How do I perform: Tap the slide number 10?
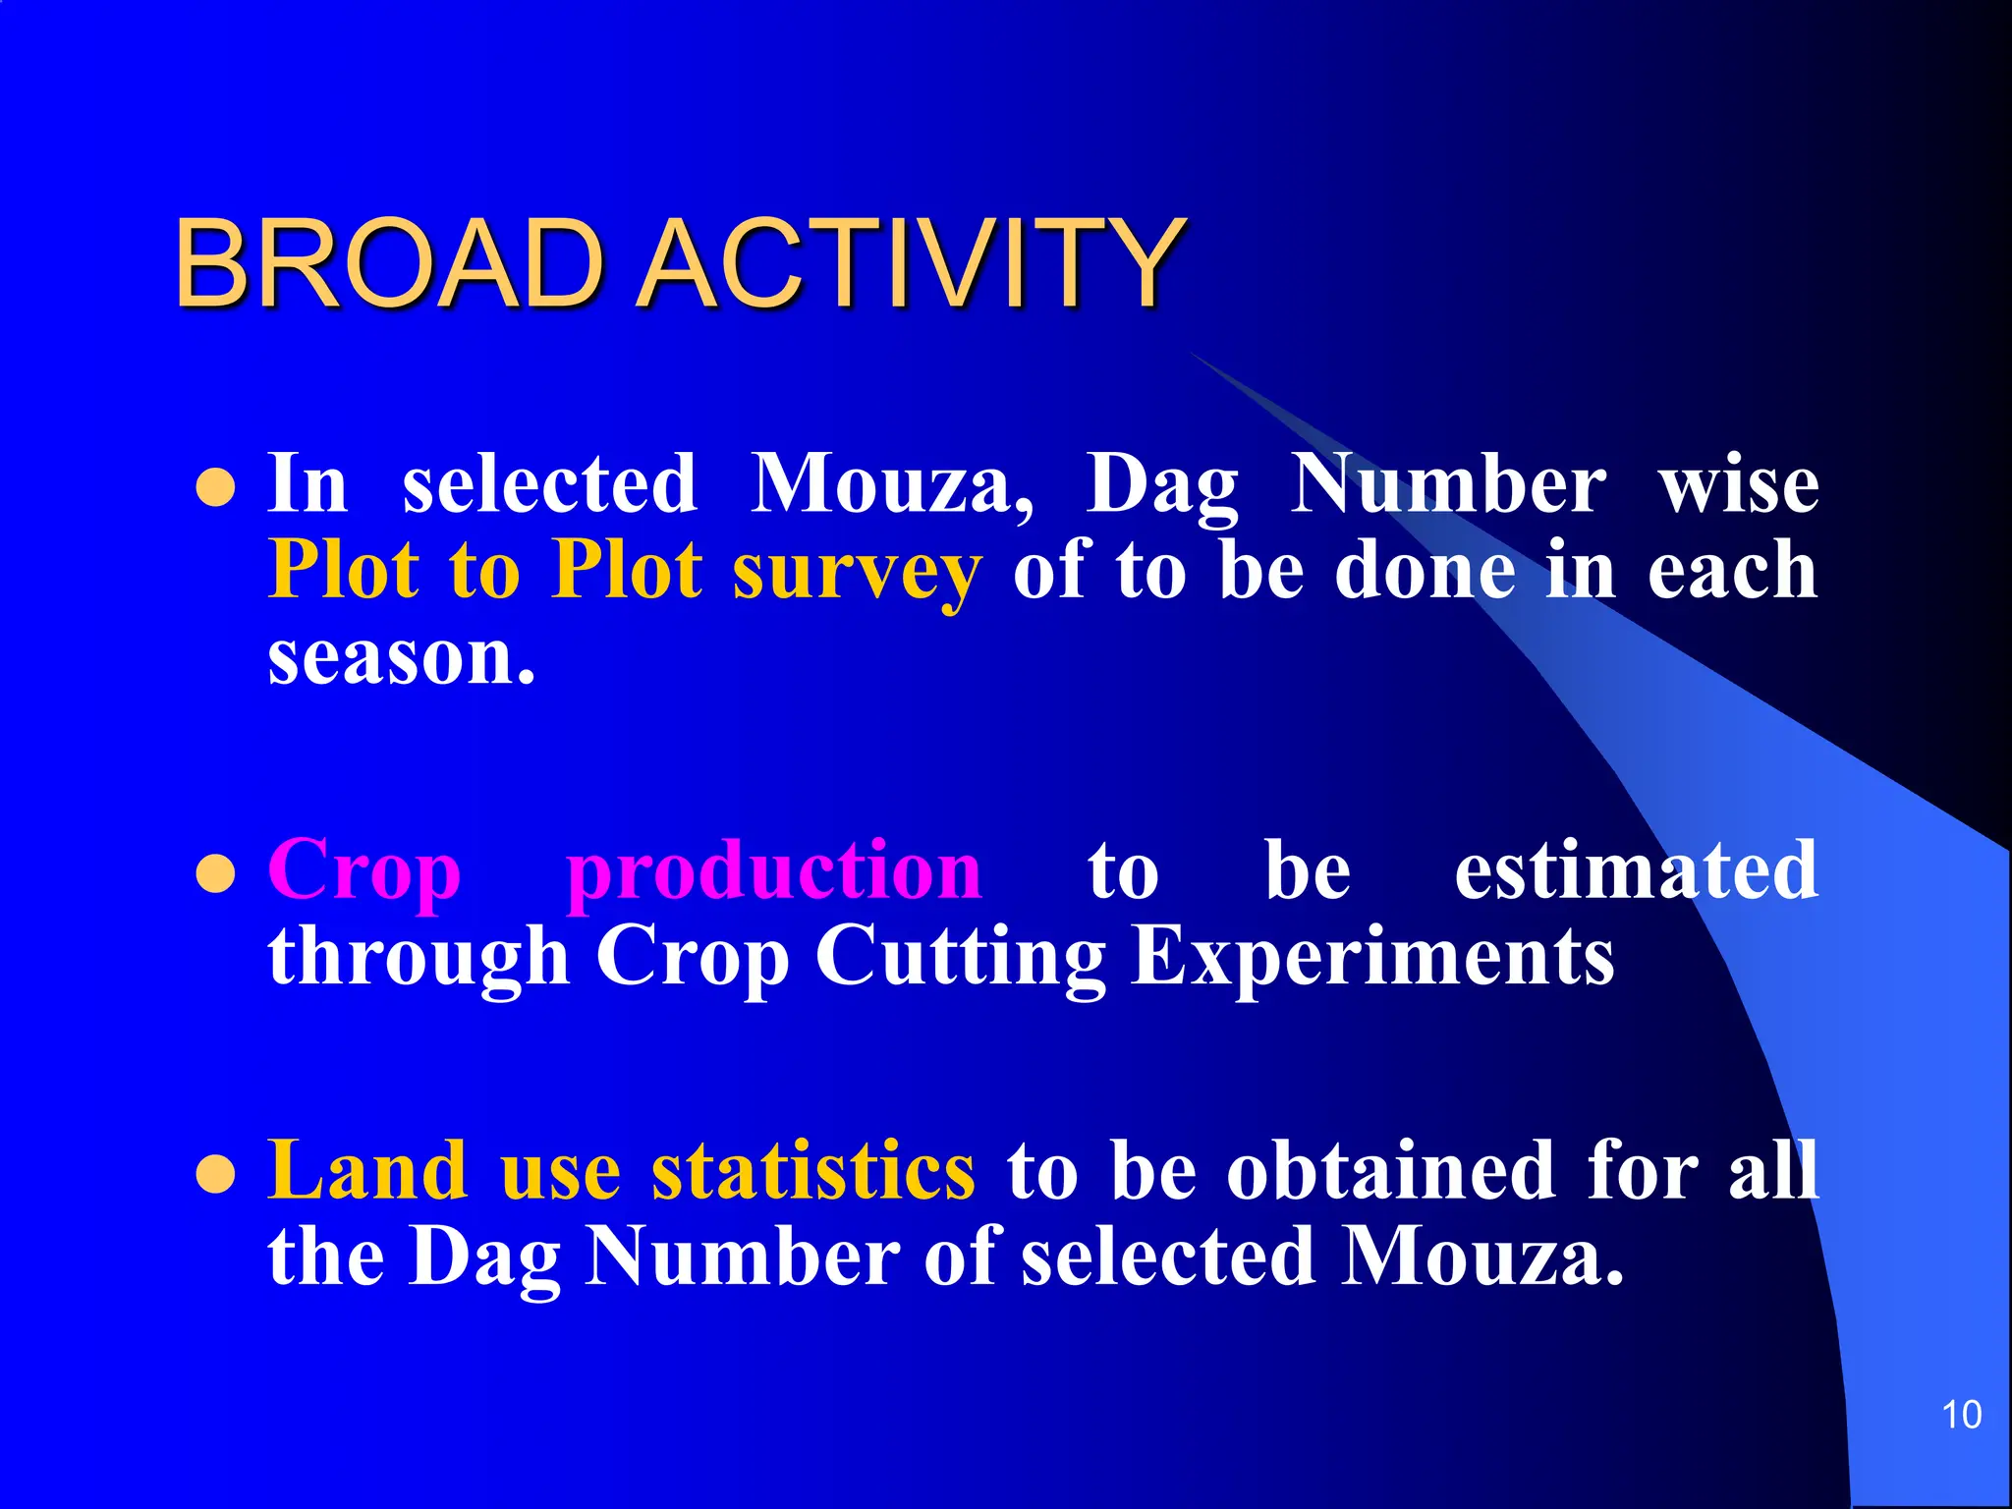[1961, 1416]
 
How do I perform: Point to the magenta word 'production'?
[774, 870]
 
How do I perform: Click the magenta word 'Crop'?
[364, 870]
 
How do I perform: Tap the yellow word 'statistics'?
[813, 1171]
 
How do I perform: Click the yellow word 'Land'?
[367, 1171]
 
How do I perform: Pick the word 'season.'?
[402, 658]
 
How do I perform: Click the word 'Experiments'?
[1372, 957]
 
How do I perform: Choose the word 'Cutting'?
[960, 957]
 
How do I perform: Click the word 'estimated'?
[1636, 870]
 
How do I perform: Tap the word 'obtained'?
[1391, 1171]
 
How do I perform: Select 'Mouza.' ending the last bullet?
[1482, 1257]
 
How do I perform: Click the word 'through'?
[419, 957]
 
